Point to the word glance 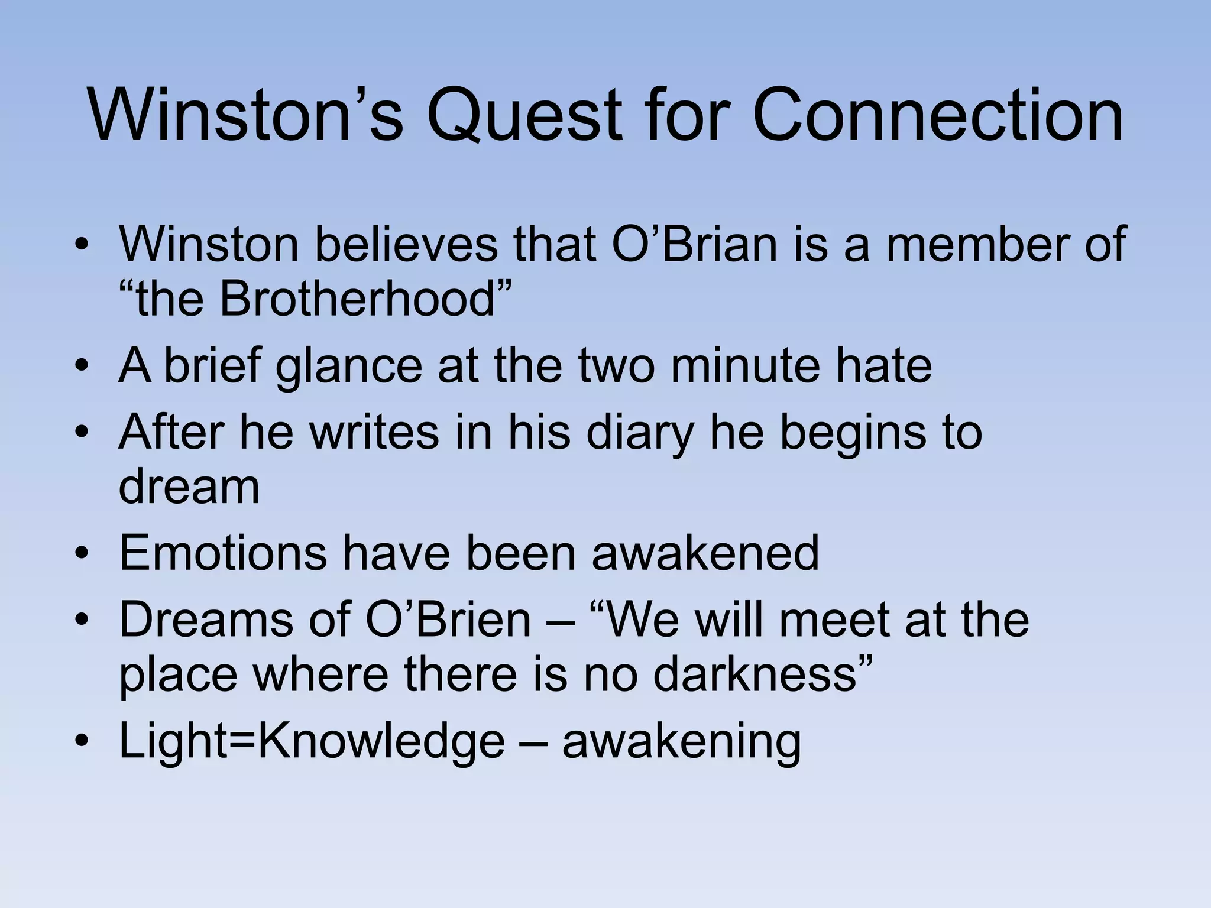[x=349, y=367]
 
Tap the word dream [x=189, y=487]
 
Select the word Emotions [x=223, y=553]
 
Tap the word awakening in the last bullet [x=681, y=742]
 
